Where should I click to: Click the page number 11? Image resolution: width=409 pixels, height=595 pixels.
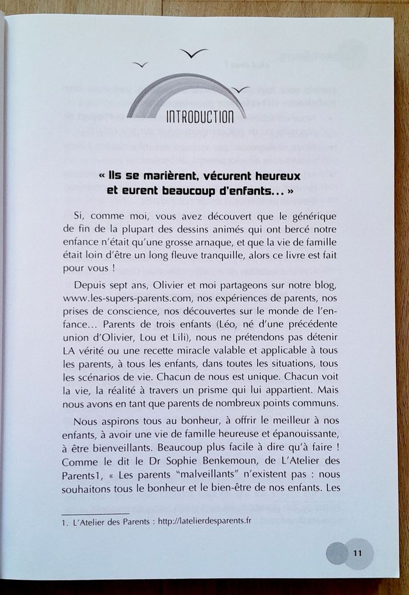click(358, 552)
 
